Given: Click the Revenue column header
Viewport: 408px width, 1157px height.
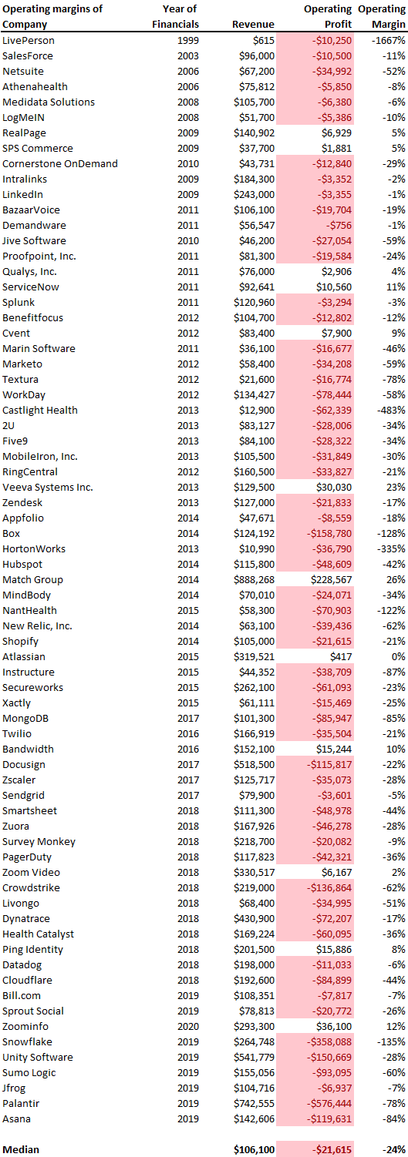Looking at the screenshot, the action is [x=253, y=25].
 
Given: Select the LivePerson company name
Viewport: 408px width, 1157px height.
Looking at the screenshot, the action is [x=29, y=40].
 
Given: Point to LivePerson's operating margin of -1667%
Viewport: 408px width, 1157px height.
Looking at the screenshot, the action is [x=389, y=40].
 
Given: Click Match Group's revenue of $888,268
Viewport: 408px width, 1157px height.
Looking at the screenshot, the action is [x=257, y=579].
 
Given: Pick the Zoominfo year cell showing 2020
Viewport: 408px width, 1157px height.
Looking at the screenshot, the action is [x=188, y=1026].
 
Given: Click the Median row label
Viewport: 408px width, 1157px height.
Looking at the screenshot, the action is [x=21, y=1150].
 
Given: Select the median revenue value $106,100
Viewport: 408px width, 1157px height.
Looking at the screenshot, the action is [x=254, y=1150].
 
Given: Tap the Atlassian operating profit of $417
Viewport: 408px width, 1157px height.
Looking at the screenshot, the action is [x=341, y=656].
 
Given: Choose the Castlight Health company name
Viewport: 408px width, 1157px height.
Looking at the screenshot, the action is [x=40, y=410].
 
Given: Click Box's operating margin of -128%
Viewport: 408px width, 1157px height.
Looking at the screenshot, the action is [x=391, y=534].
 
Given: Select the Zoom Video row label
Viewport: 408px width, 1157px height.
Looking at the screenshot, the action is [x=31, y=873].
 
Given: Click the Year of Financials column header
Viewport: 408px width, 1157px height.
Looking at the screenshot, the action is [x=175, y=16].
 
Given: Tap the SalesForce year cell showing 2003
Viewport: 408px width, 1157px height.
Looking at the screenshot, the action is [x=188, y=55].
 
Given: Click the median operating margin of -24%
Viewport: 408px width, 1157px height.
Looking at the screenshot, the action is [x=394, y=1150].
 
